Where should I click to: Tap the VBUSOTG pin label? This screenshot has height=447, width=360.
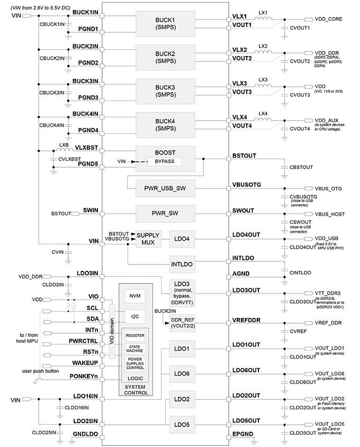[247, 184]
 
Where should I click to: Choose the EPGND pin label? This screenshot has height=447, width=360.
[242, 434]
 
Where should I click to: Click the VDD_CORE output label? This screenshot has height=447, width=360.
[330, 20]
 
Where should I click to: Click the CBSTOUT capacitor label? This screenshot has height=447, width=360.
[301, 167]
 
